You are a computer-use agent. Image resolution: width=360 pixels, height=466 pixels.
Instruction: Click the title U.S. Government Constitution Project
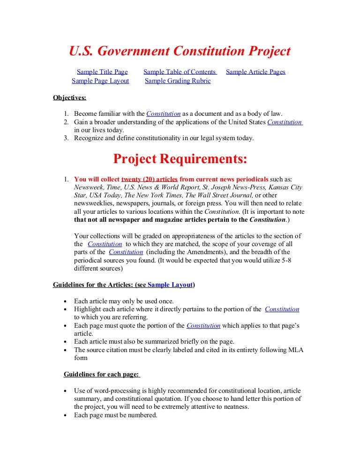click(x=180, y=51)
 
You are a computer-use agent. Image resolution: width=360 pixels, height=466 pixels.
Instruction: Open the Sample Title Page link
click(x=102, y=72)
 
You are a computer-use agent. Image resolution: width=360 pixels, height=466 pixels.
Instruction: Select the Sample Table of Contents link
click(x=180, y=72)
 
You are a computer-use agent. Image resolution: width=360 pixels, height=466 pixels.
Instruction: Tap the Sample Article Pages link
click(x=255, y=72)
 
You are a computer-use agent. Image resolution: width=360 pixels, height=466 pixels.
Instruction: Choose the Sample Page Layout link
click(x=100, y=81)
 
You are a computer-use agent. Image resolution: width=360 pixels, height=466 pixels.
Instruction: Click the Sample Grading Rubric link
click(x=178, y=81)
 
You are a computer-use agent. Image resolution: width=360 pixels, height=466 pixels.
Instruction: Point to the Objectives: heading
click(x=69, y=98)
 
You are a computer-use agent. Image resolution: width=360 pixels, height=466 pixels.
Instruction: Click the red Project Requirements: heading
click(x=180, y=159)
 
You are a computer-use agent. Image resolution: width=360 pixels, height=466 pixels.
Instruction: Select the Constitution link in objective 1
click(x=164, y=113)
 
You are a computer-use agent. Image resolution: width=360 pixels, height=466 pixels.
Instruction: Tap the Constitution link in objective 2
click(x=285, y=122)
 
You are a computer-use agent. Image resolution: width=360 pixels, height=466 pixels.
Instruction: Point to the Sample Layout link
click(x=170, y=285)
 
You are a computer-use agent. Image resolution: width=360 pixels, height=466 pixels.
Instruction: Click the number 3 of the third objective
click(x=66, y=138)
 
